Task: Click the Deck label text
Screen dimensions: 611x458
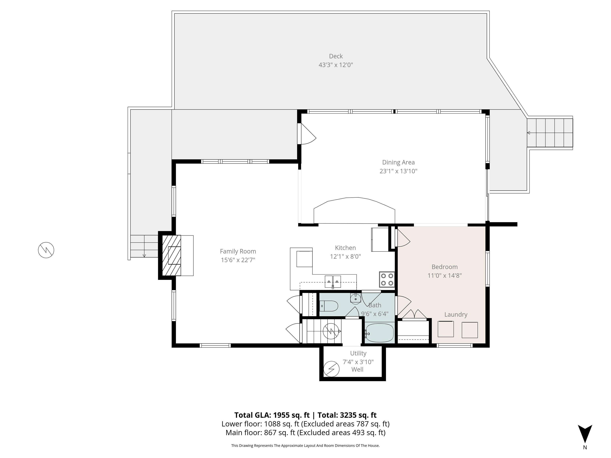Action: pyautogui.click(x=336, y=56)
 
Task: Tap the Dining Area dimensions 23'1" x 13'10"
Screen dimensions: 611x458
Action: pyautogui.click(x=398, y=171)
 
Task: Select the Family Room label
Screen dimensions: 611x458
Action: pyautogui.click(x=238, y=251)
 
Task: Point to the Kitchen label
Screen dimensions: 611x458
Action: pyautogui.click(x=345, y=248)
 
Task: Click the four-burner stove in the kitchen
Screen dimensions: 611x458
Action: pyautogui.click(x=387, y=279)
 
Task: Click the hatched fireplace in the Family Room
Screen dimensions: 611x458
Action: pyautogui.click(x=171, y=255)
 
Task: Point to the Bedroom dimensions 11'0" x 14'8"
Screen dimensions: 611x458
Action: pyautogui.click(x=445, y=275)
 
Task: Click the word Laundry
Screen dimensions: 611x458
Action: pyautogui.click(x=456, y=314)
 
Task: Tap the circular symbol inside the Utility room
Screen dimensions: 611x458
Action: pyautogui.click(x=331, y=369)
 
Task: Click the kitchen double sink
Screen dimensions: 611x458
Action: pyautogui.click(x=333, y=282)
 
